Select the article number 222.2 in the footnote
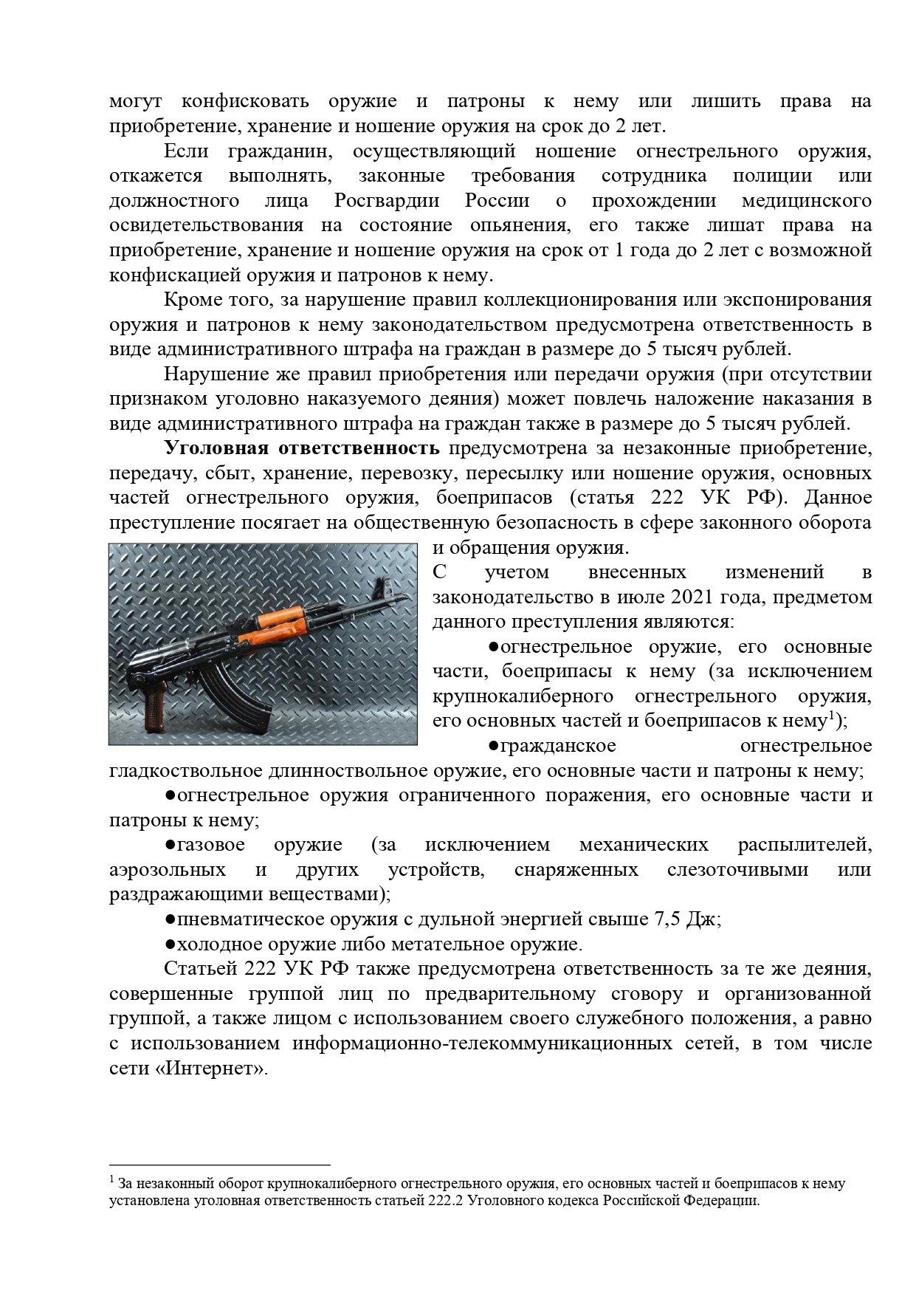click(x=445, y=1201)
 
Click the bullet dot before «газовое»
click(x=169, y=844)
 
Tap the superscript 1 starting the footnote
click(x=111, y=1180)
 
